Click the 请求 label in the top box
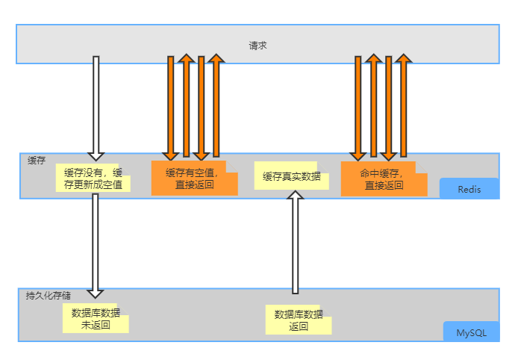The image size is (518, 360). (258, 46)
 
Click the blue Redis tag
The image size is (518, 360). (469, 190)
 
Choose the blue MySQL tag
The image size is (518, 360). (471, 332)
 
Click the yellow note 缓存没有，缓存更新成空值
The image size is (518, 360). (93, 179)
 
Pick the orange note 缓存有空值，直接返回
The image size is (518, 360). (194, 179)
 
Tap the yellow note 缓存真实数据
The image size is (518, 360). (292, 177)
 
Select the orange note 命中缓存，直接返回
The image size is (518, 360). (384, 179)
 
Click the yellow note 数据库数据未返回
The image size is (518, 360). (96, 319)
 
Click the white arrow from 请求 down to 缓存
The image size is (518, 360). (96, 105)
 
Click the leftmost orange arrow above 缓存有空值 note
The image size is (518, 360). (171, 105)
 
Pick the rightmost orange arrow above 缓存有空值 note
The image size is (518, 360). (216, 105)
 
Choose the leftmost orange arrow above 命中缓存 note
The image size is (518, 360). (358, 105)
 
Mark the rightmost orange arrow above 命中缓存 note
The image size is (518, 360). (403, 105)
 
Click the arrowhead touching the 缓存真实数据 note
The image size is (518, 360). (296, 196)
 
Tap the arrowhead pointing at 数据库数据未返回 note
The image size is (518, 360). (96, 294)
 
